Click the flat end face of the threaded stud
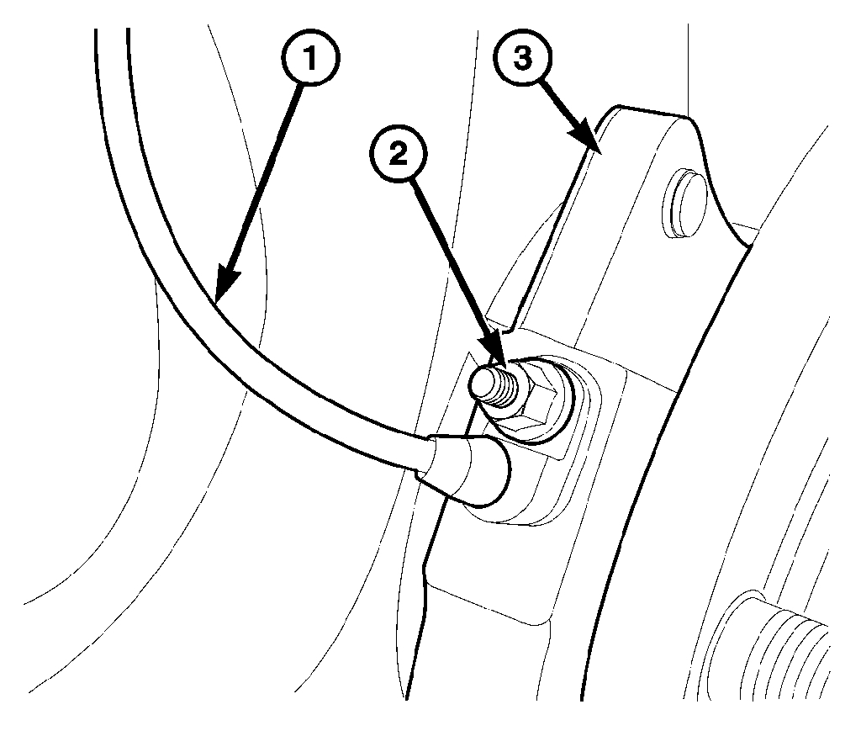tap(483, 385)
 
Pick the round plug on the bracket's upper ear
tap(683, 197)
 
